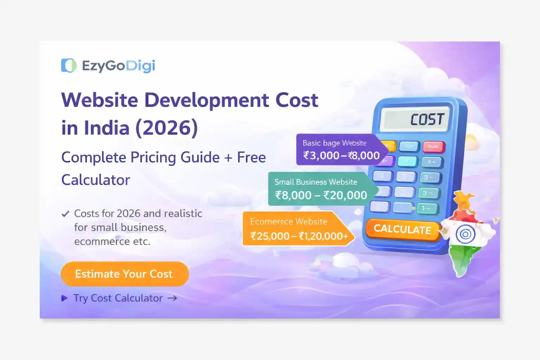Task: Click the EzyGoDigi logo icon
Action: (69, 65)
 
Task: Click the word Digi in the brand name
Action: (140, 66)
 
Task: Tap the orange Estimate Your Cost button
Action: (124, 274)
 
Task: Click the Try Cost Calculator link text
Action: (118, 298)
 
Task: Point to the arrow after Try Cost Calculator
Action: (172, 298)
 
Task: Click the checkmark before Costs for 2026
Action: (65, 214)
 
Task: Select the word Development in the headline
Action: (206, 100)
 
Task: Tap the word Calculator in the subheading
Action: (96, 180)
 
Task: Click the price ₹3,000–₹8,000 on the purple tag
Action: (341, 155)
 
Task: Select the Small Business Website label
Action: (316, 182)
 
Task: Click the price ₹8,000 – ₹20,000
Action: (321, 195)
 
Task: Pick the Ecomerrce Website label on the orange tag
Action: (289, 221)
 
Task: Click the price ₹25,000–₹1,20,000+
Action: (299, 236)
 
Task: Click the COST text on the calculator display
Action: (427, 120)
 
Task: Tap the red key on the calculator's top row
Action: (433, 146)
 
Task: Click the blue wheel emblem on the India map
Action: (465, 234)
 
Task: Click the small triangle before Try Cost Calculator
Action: (64, 298)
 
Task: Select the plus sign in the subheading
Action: (228, 158)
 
